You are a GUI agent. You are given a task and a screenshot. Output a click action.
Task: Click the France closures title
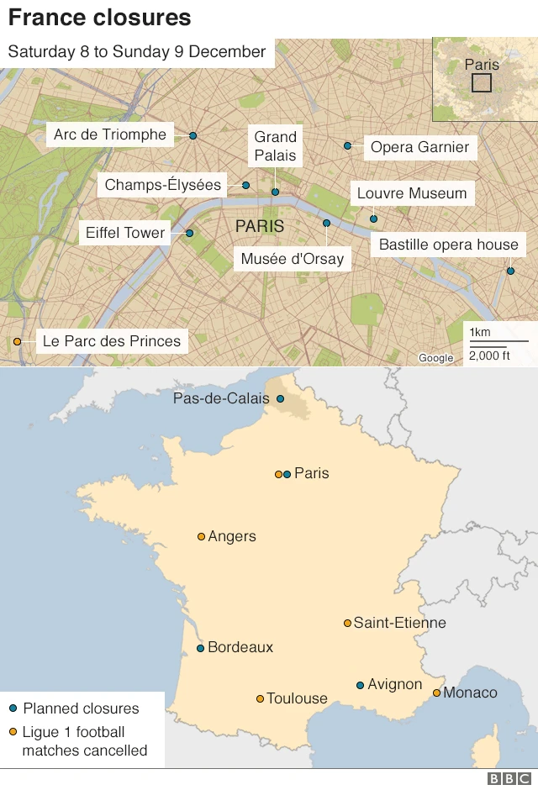pyautogui.click(x=99, y=18)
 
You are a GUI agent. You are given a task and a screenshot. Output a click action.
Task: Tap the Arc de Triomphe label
pyautogui.click(x=109, y=134)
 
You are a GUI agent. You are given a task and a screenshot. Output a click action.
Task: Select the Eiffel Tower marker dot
pyautogui.click(x=190, y=233)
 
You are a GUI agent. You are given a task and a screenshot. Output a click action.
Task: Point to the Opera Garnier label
pyautogui.click(x=419, y=148)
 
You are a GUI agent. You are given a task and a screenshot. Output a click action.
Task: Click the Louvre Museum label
pyautogui.click(x=411, y=193)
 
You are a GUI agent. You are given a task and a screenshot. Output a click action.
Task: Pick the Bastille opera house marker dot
pyautogui.click(x=510, y=271)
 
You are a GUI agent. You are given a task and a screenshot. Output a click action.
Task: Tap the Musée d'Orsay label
pyautogui.click(x=292, y=258)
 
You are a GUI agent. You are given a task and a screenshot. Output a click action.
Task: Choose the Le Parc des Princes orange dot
pyautogui.click(x=17, y=341)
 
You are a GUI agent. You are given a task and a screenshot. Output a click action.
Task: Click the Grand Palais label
pyautogui.click(x=276, y=146)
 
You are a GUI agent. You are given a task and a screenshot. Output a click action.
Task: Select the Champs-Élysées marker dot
pyautogui.click(x=246, y=185)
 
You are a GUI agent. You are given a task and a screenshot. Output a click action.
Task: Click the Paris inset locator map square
pyautogui.click(x=482, y=82)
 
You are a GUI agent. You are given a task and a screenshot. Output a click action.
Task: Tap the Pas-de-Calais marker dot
pyautogui.click(x=280, y=399)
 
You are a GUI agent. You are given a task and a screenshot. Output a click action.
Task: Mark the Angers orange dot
pyautogui.click(x=201, y=536)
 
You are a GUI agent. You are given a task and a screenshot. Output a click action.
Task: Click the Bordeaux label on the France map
pyautogui.click(x=240, y=647)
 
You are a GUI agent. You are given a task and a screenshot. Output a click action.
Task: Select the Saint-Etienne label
pyautogui.click(x=399, y=623)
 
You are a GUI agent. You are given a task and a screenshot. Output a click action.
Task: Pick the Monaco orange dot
pyautogui.click(x=436, y=693)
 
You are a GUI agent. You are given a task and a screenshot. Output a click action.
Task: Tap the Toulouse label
pyautogui.click(x=297, y=698)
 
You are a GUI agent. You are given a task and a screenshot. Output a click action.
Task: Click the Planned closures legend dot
pyautogui.click(x=13, y=708)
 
